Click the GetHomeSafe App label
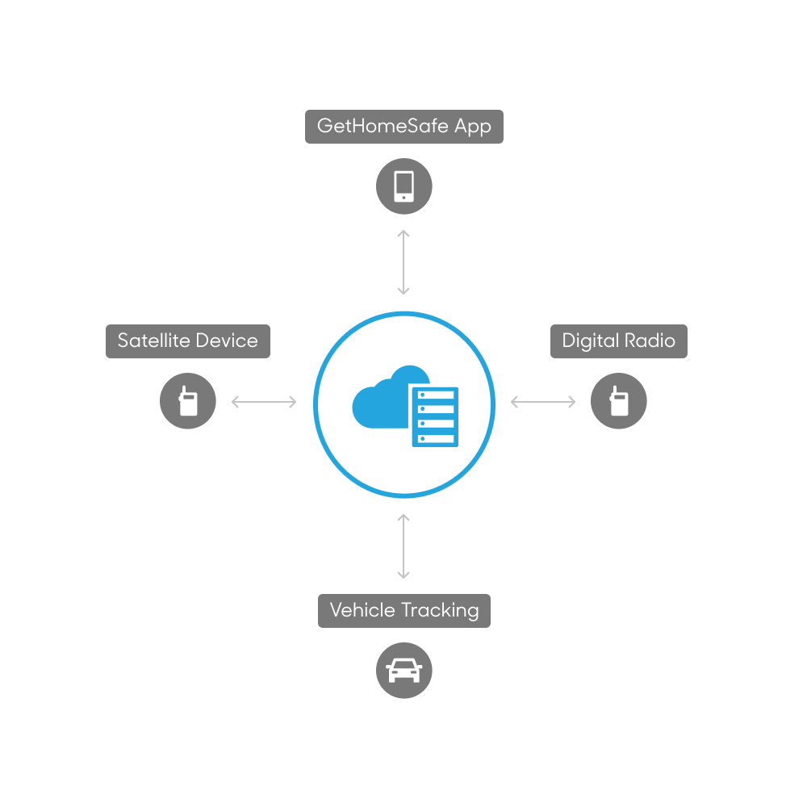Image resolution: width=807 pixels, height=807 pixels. pos(404,127)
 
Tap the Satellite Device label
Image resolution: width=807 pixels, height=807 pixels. pos(188,341)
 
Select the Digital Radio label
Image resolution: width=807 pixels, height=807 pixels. pos(619,341)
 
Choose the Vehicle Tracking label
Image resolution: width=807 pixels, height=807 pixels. pos(404,611)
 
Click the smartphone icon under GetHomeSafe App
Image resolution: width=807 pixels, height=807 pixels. pos(404,186)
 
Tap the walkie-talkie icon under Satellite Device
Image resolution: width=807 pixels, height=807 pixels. pos(188,401)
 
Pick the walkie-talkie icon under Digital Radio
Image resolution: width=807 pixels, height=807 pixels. pos(619,401)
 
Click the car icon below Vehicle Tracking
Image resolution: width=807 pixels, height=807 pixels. pos(404,671)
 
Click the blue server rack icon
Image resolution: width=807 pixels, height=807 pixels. pos(435,416)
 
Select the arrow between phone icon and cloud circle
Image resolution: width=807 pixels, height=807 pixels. pos(403,262)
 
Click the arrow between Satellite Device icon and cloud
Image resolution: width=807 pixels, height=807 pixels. pos(264,402)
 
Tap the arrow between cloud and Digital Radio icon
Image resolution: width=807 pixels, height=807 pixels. pos(543,402)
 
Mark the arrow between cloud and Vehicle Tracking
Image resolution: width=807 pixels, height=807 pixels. pos(403,546)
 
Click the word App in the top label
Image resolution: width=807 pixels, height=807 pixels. pos(472,127)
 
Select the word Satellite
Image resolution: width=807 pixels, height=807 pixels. pos(154,341)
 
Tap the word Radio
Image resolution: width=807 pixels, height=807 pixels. pos(650,341)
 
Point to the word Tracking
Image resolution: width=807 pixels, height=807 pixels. pos(440,611)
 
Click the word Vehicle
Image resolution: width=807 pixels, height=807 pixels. pos(362,610)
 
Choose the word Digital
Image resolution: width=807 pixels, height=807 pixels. pos(591,341)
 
